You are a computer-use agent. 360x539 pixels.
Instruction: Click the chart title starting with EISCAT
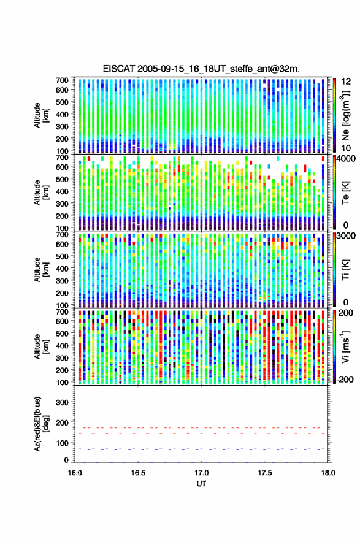(x=201, y=69)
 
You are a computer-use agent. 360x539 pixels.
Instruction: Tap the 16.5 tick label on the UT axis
(x=138, y=473)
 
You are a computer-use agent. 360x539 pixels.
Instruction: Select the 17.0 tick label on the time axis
(x=201, y=473)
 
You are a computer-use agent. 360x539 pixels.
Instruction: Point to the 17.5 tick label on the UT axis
(x=264, y=473)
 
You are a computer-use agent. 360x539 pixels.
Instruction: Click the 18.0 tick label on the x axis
(x=327, y=473)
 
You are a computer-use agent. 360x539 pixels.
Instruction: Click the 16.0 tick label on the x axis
(x=75, y=473)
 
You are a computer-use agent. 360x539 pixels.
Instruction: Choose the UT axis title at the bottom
(x=201, y=484)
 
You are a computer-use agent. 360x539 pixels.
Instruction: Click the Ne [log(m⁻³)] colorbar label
(x=345, y=115)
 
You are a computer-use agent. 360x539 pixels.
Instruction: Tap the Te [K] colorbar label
(x=345, y=193)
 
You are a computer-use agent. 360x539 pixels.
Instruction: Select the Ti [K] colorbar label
(x=345, y=270)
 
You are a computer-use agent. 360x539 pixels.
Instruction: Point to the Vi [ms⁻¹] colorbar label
(x=345, y=346)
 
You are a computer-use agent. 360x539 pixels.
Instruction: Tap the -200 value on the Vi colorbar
(x=343, y=380)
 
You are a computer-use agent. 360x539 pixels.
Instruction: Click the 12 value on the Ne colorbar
(x=345, y=82)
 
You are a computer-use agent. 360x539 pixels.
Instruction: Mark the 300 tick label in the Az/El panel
(x=62, y=402)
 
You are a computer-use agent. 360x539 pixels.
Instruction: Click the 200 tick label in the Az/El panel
(x=62, y=423)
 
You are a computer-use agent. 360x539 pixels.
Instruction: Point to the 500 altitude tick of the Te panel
(x=62, y=179)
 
